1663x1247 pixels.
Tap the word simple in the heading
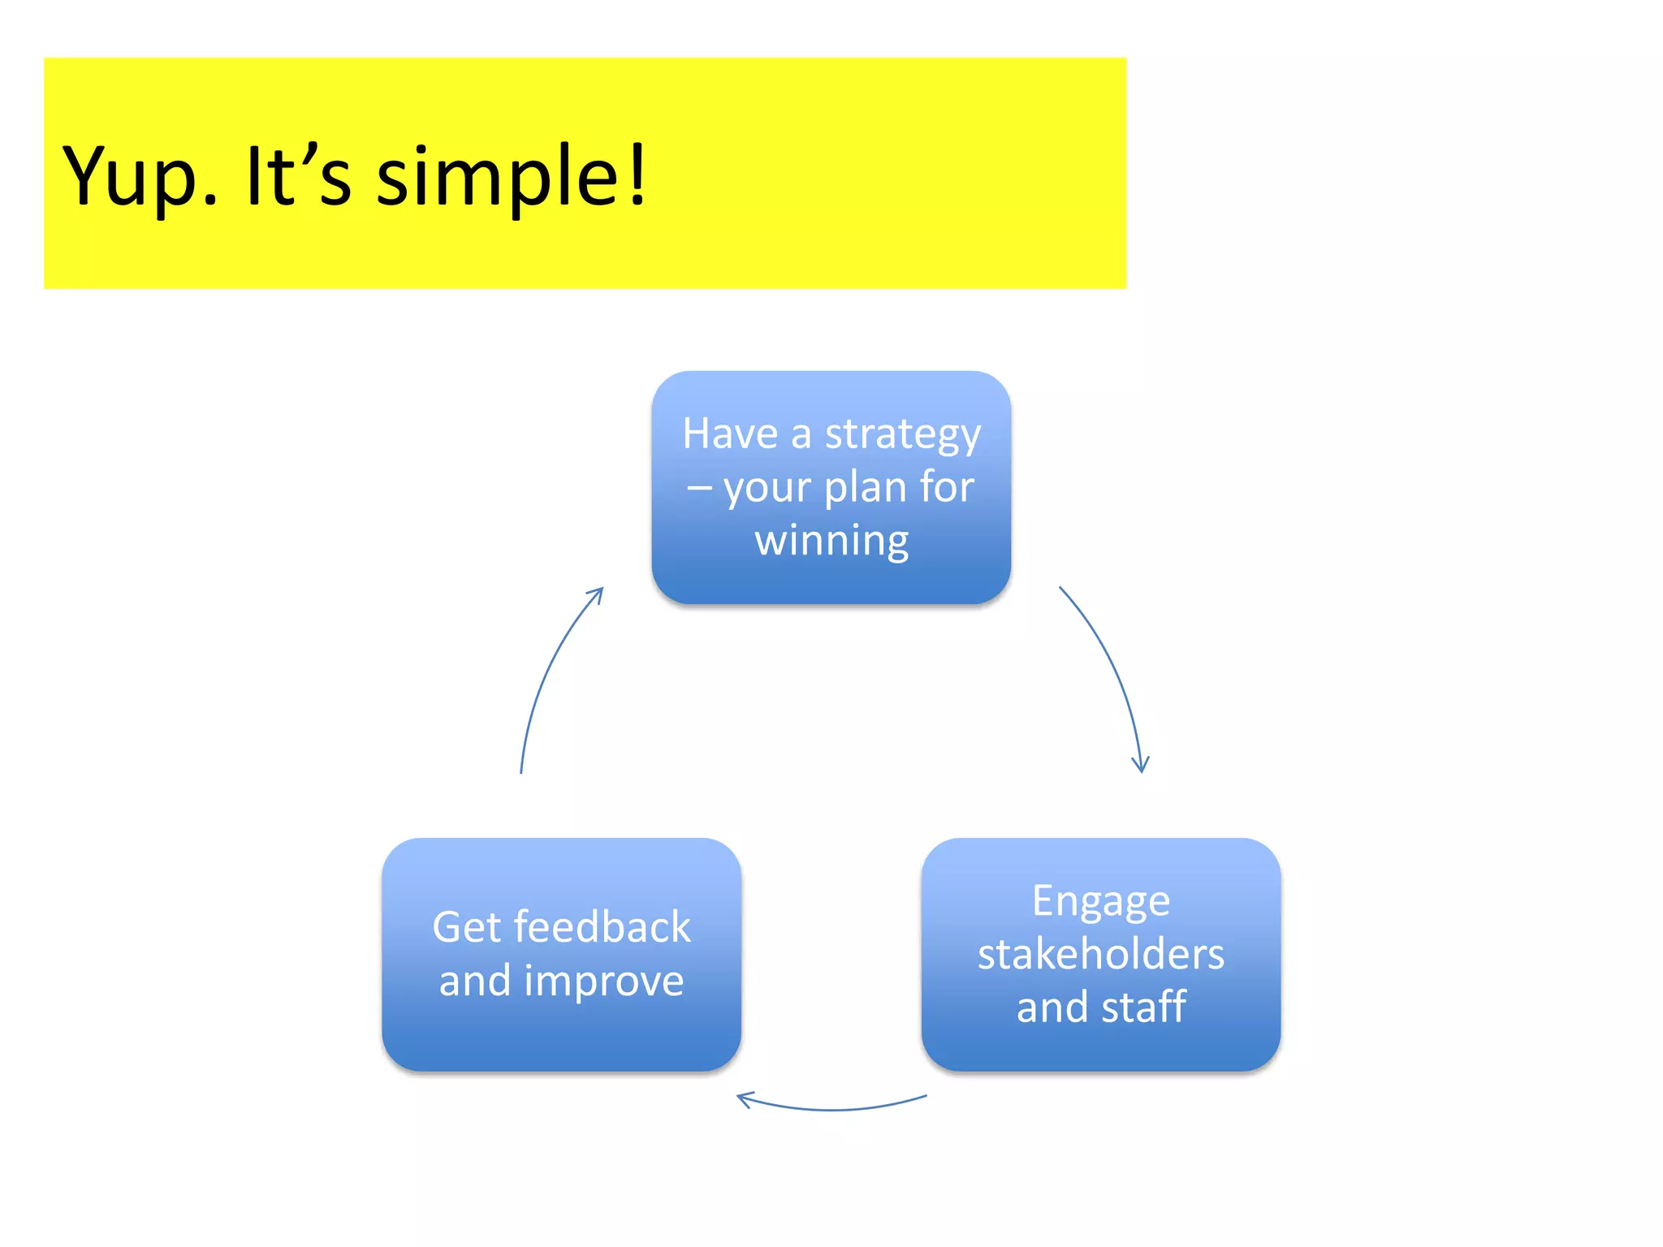497,177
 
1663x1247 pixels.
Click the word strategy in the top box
903,435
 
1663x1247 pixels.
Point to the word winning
831,541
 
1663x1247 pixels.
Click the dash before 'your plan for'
699,489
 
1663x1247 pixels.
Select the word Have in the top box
730,434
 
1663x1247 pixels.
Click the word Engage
1101,901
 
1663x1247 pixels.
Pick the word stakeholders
1101,954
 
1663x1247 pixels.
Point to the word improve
604,981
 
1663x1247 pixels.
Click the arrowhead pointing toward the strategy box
598,593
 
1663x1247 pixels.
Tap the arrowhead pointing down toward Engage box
1141,766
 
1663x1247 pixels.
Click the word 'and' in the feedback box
475,981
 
